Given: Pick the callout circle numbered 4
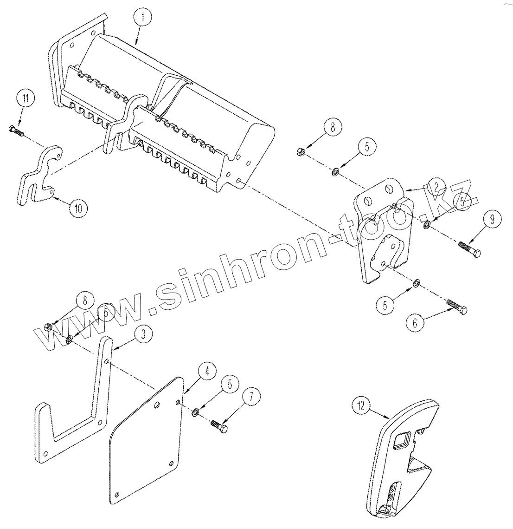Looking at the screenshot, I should click(207, 371).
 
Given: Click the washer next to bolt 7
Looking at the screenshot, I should click(197, 411).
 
